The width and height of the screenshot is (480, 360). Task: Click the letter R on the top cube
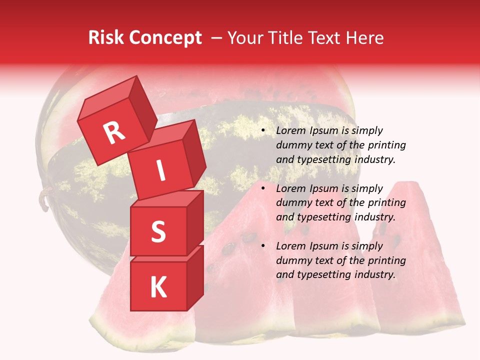point(114,133)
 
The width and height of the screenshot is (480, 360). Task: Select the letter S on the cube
point(158,232)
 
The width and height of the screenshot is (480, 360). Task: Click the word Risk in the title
point(106,38)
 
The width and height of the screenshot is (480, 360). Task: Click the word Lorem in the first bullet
point(290,131)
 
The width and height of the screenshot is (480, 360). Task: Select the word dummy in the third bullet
point(292,260)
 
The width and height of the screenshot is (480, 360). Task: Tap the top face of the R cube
point(108,95)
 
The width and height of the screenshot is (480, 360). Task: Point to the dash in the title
point(217,38)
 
